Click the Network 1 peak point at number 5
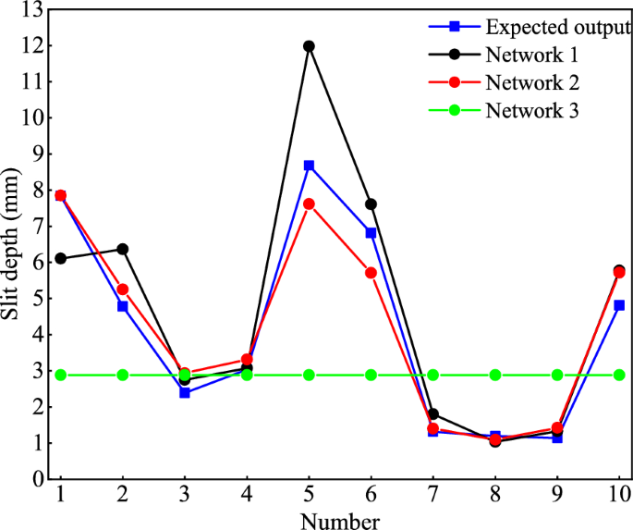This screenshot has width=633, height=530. [x=309, y=46]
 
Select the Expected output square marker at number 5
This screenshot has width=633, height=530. [x=309, y=166]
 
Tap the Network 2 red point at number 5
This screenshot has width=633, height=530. [x=309, y=203]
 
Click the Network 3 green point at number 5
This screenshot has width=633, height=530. [x=309, y=375]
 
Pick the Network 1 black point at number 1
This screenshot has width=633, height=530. [x=61, y=258]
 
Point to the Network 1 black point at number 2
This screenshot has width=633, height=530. [x=123, y=249]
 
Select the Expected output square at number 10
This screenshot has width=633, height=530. [x=619, y=305]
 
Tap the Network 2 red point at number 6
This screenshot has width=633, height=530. [x=371, y=273]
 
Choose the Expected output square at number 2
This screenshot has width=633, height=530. [x=123, y=306]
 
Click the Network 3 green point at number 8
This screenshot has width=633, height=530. [x=495, y=375]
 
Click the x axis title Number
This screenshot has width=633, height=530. [x=339, y=520]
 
